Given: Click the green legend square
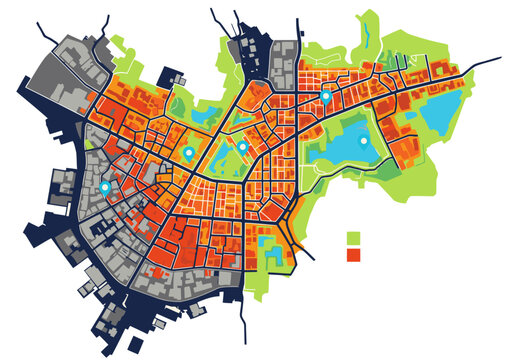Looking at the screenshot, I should pos(352,238).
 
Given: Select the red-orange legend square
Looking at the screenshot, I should pos(352,255).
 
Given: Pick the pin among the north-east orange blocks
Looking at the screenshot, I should pos(325,98).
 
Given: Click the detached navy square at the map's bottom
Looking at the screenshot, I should pos(160,324).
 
